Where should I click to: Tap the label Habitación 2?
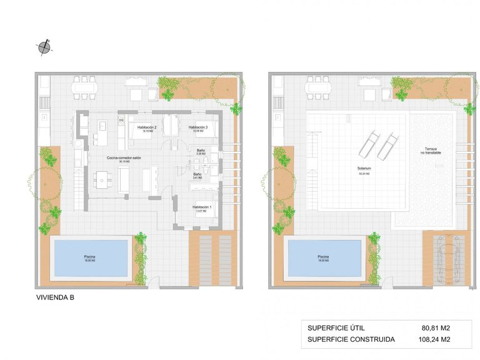pos(146,127)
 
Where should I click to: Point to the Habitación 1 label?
pos(201,207)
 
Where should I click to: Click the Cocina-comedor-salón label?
pos(124,158)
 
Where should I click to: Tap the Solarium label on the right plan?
pos(364,169)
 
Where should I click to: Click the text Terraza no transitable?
pos(430,151)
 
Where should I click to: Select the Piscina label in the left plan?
pos(90,256)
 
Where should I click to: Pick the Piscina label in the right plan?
pos(323,256)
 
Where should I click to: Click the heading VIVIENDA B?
pos(56,298)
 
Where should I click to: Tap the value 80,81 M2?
pos(436,327)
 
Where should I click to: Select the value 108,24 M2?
pos(434,340)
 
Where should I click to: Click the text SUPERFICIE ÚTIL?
pos(336,327)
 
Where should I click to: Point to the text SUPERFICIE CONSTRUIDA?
pos(351,340)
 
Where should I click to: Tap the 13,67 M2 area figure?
pos(201,211)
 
